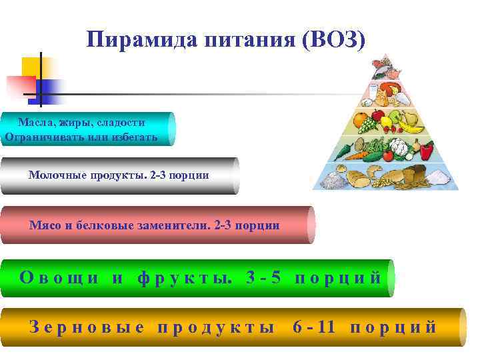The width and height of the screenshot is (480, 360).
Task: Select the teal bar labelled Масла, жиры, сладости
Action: (x=87, y=129)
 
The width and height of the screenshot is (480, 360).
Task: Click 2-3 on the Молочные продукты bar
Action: (x=161, y=175)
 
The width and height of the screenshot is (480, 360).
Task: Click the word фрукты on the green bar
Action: (x=183, y=277)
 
